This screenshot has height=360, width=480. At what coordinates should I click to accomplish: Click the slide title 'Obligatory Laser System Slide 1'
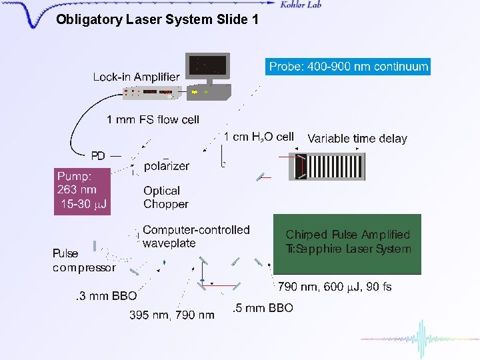tap(157, 20)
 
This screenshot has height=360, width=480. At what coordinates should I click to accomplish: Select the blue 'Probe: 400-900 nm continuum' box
tap(348, 67)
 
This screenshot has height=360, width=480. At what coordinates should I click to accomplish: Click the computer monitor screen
tap(209, 66)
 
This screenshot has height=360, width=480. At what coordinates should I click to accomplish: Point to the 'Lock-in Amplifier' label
tap(136, 77)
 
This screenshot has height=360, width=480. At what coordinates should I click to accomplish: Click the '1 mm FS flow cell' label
tap(153, 120)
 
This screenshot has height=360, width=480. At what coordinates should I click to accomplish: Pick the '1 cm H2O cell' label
tap(259, 137)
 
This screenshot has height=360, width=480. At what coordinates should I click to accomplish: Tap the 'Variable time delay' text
tap(357, 139)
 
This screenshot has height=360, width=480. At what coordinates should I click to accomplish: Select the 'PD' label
tap(98, 156)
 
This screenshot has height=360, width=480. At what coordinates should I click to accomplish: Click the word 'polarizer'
tap(167, 166)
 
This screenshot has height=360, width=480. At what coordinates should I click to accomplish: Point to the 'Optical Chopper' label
tap(165, 197)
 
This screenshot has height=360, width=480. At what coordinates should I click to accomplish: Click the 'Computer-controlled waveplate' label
tap(195, 236)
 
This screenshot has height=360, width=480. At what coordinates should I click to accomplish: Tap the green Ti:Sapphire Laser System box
tap(347, 243)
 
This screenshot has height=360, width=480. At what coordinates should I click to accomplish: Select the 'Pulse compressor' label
tap(83, 260)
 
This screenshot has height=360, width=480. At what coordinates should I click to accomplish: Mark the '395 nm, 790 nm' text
tap(172, 315)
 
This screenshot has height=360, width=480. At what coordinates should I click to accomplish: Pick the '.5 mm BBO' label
tap(263, 308)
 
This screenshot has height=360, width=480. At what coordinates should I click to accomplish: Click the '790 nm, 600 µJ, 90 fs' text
tap(335, 287)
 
